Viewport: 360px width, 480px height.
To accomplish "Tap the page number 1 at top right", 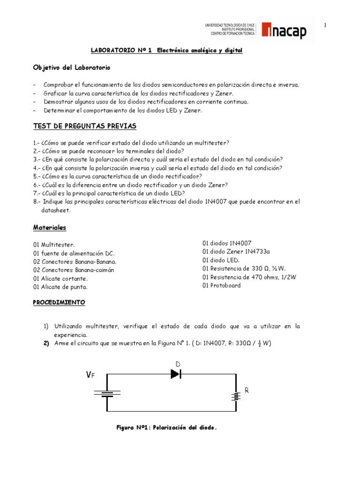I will (325, 25).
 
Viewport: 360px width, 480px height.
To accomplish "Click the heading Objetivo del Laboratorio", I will (71, 67).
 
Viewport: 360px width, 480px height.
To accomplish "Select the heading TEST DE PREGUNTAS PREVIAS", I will (84, 126).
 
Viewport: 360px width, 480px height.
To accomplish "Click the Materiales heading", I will (50, 227).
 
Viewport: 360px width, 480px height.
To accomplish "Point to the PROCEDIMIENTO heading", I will (59, 302).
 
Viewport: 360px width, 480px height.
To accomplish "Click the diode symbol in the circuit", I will (176, 374).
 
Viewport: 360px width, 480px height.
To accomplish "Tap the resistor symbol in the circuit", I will (236, 396).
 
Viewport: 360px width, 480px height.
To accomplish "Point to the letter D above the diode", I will (178, 364).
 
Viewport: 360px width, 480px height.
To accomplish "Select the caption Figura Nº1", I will (166, 427).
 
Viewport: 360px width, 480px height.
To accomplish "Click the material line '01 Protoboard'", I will (222, 285).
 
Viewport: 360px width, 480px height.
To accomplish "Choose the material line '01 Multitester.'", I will (54, 244).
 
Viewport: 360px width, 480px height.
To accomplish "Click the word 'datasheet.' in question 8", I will (56, 210).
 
